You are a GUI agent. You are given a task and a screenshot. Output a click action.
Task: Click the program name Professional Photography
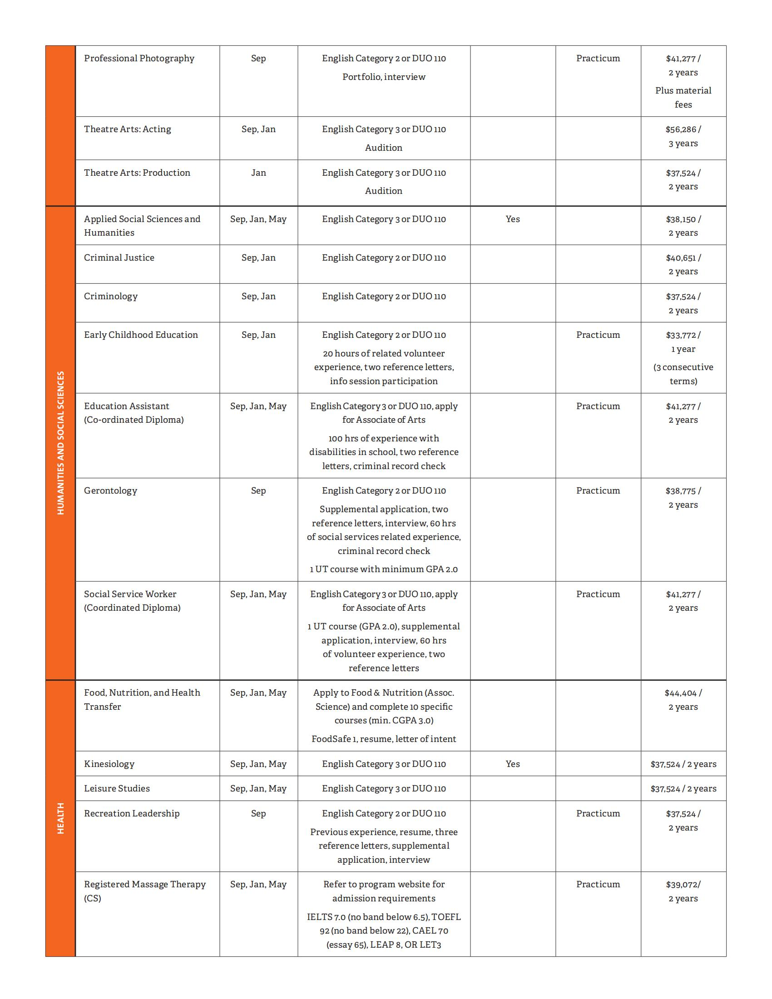click(139, 59)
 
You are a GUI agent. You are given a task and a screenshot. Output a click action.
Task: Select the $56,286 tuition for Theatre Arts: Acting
click(683, 129)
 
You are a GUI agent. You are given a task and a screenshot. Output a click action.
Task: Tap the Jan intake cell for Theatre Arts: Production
click(258, 173)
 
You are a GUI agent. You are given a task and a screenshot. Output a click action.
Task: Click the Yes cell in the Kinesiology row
click(513, 764)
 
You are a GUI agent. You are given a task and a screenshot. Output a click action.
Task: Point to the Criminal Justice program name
click(119, 258)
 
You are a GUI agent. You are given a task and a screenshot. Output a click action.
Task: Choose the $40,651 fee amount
click(683, 258)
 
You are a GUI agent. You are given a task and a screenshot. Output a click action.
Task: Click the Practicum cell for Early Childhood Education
click(598, 335)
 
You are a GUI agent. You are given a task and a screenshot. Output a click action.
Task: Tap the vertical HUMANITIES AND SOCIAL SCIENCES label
click(60, 443)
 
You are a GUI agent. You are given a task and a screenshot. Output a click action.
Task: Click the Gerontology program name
click(110, 491)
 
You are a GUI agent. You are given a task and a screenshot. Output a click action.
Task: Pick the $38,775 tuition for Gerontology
click(683, 491)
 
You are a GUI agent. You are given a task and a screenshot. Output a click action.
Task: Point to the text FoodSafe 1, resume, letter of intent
click(384, 739)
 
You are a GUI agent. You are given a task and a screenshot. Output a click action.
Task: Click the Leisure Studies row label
click(117, 789)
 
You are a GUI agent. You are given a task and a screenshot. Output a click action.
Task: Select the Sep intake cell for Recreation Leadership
click(258, 814)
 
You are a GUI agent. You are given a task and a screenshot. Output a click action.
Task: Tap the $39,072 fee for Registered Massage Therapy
click(683, 885)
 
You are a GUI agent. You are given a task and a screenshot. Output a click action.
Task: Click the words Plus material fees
click(683, 98)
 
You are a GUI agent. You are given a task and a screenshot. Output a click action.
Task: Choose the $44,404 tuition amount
click(683, 693)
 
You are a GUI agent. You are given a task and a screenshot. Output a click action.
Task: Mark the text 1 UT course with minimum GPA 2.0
click(384, 569)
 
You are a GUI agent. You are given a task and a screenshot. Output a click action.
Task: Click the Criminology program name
click(111, 297)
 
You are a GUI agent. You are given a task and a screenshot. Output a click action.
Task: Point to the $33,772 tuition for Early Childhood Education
click(683, 335)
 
